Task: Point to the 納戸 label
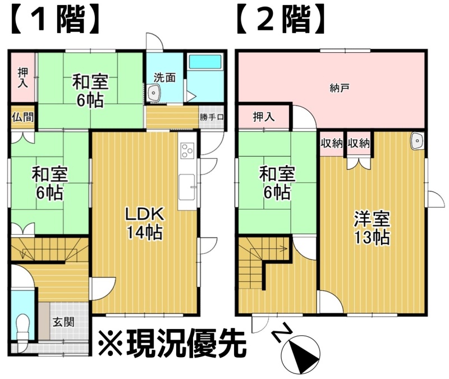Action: tap(340, 88)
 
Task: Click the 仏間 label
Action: tap(23, 117)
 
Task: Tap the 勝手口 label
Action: tap(212, 117)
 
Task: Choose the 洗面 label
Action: tap(164, 77)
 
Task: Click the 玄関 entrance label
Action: tap(63, 322)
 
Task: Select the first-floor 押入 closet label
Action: tap(23, 77)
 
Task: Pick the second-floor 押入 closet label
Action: tap(264, 117)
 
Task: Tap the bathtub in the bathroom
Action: tap(205, 62)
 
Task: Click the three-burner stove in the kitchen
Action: tap(187, 150)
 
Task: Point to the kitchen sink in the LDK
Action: tap(186, 188)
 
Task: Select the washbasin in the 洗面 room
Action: tap(154, 93)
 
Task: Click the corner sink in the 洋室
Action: tap(417, 141)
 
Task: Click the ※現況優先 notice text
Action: tap(172, 344)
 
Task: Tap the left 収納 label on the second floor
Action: tap(331, 143)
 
